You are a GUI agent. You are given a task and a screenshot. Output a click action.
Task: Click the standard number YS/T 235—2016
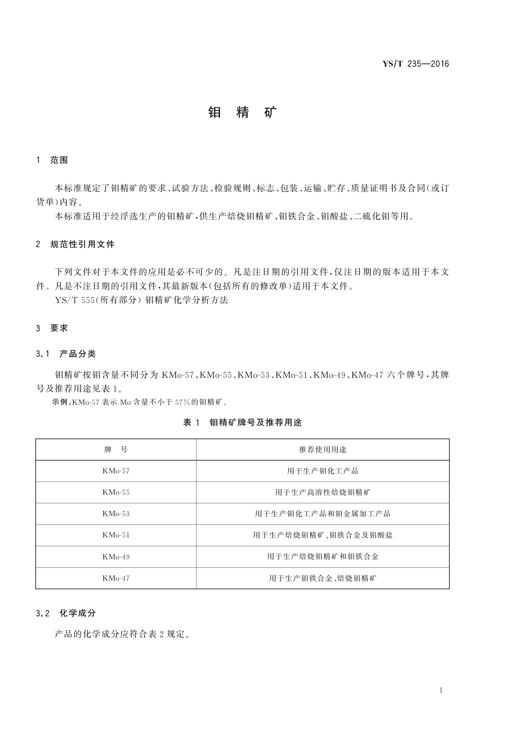416,64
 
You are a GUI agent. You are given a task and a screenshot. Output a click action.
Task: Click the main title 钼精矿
243,112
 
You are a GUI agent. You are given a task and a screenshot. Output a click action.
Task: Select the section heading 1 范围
52,160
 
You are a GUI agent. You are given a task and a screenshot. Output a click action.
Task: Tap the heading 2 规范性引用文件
75,244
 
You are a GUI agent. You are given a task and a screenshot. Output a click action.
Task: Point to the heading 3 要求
52,328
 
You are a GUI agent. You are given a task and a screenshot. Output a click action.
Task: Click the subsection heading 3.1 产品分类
66,354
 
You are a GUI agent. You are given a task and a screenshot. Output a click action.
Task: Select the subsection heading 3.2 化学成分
66,613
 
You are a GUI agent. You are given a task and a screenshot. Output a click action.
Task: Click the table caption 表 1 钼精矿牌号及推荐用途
243,423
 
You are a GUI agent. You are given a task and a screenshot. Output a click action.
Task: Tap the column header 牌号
116,450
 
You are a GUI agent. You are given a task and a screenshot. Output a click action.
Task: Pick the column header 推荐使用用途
323,450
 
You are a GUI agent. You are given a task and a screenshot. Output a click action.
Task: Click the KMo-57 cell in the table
116,471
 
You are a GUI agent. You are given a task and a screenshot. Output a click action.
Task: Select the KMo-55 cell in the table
116,492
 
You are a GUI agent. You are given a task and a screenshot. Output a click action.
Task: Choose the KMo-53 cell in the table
116,514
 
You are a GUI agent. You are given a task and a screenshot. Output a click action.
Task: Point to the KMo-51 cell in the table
116,535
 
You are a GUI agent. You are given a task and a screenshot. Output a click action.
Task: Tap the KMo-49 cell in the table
116,557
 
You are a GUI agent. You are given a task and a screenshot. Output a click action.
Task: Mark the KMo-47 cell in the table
116,578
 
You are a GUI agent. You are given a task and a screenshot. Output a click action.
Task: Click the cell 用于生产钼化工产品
323,471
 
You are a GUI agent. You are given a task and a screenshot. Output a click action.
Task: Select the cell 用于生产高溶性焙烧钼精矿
323,492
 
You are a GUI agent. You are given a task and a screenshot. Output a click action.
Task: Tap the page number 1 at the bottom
441,690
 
